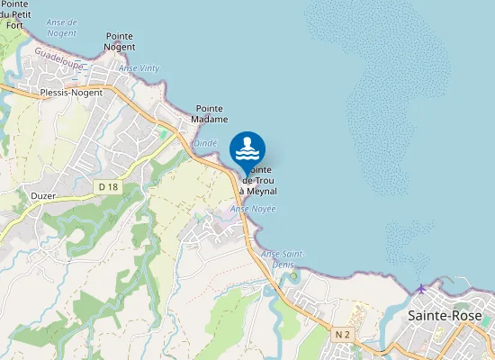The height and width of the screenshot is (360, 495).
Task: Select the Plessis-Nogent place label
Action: (71, 92)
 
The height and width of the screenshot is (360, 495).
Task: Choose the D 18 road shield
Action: (108, 186)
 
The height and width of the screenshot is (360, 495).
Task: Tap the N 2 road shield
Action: (342, 334)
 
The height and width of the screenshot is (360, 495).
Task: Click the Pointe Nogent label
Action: (120, 40)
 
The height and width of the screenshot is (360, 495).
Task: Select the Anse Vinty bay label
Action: (139, 68)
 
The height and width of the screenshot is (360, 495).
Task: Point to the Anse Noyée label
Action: (253, 209)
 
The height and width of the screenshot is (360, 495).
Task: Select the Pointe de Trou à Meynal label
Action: (258, 181)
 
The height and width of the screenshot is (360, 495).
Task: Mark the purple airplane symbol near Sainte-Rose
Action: (420, 288)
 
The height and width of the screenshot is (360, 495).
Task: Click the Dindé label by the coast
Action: (205, 142)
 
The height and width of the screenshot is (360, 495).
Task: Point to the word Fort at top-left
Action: (15, 25)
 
